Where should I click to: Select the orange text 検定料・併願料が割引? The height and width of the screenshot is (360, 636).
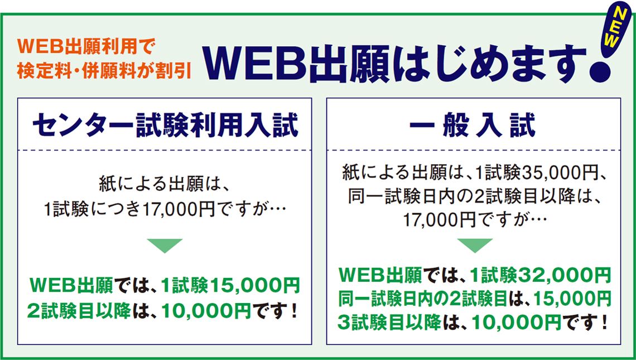click(x=104, y=70)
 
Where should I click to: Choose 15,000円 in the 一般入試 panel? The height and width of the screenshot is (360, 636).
click(x=572, y=299)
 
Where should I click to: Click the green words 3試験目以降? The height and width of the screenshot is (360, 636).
click(x=389, y=323)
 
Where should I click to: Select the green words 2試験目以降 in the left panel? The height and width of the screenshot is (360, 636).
click(x=79, y=311)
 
